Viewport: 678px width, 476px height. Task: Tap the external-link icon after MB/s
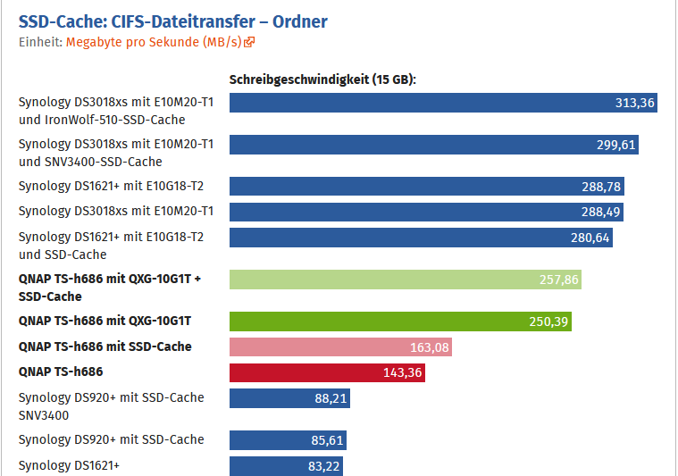(250, 42)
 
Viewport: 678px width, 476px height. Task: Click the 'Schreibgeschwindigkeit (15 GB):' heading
(323, 79)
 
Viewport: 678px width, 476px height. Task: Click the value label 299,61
(615, 145)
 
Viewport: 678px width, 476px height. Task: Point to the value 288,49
(599, 212)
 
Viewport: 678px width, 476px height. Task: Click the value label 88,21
(330, 398)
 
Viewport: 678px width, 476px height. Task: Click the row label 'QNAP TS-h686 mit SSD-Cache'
(105, 347)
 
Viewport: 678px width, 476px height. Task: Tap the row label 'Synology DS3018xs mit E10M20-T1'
(116, 211)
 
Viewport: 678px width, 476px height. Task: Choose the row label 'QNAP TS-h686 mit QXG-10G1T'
(105, 321)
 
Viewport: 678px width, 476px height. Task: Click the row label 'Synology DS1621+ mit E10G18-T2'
(112, 186)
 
